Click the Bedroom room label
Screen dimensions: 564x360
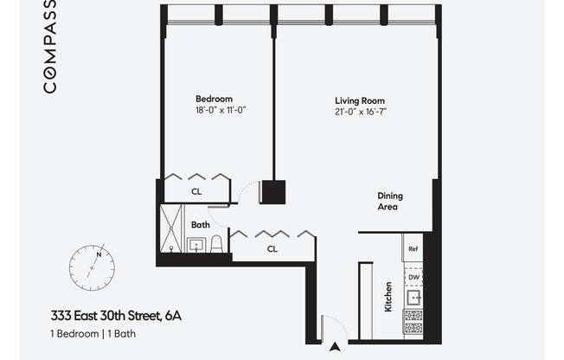point(214,99)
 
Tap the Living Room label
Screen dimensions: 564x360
point(360,100)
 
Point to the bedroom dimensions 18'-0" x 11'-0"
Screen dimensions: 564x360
point(221,110)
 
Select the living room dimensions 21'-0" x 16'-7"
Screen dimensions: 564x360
point(361,112)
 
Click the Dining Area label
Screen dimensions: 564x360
point(390,202)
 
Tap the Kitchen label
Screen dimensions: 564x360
point(388,297)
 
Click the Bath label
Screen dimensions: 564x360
point(201,225)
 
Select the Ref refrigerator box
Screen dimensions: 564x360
point(413,248)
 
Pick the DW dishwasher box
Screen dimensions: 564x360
point(413,277)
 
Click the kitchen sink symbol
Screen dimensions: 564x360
point(414,298)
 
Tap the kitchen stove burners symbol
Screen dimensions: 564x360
point(413,322)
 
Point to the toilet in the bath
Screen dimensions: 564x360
point(216,244)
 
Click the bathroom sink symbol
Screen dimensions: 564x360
point(196,245)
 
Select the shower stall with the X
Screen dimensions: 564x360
point(171,228)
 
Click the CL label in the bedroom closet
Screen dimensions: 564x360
point(196,192)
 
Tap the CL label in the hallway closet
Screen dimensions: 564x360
point(272,249)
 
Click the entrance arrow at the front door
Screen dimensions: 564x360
point(336,347)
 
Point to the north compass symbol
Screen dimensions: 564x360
point(92,268)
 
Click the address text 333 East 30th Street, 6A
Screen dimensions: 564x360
point(116,316)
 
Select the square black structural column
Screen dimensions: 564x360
point(273,192)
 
